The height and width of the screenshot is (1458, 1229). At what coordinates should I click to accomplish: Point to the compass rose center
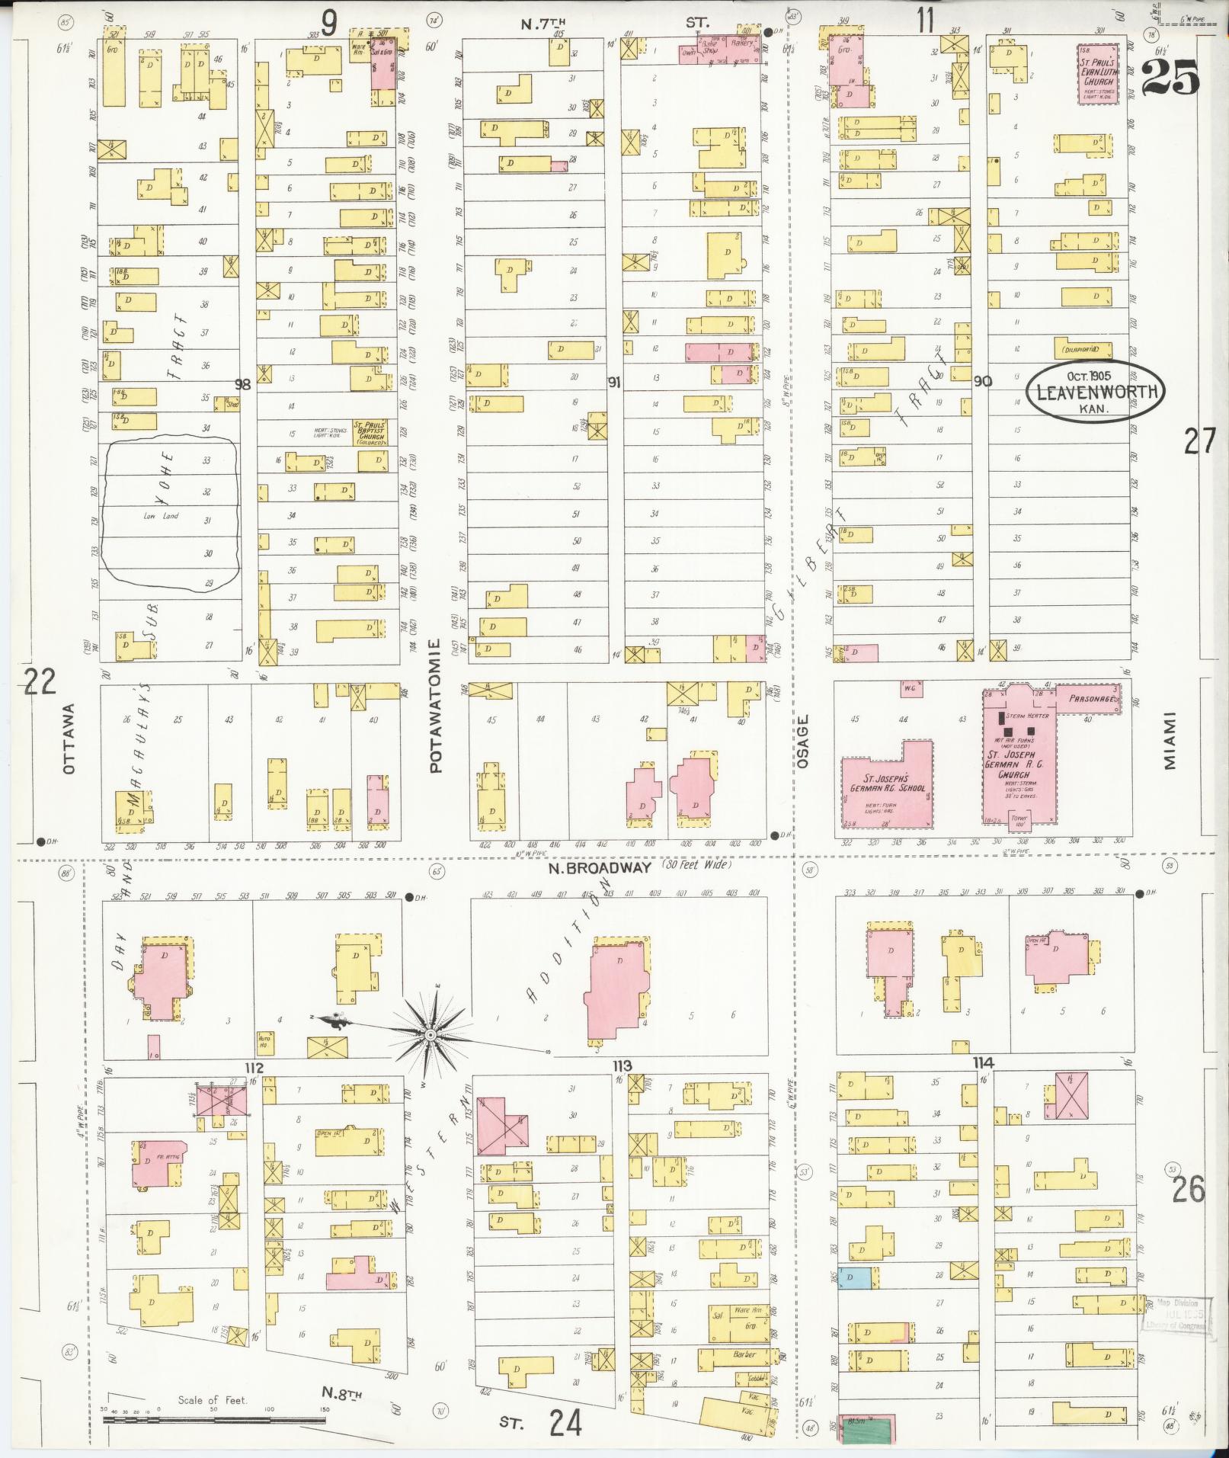[x=430, y=1034]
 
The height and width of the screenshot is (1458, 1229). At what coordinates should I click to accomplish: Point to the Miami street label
[x=1170, y=740]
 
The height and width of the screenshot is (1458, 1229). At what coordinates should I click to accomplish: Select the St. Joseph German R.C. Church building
[x=1018, y=762]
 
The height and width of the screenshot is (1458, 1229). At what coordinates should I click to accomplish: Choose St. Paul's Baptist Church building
[x=370, y=431]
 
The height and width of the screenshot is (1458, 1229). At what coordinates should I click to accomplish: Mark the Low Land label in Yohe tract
[x=161, y=516]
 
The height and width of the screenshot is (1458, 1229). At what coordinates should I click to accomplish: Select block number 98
[x=242, y=384]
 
